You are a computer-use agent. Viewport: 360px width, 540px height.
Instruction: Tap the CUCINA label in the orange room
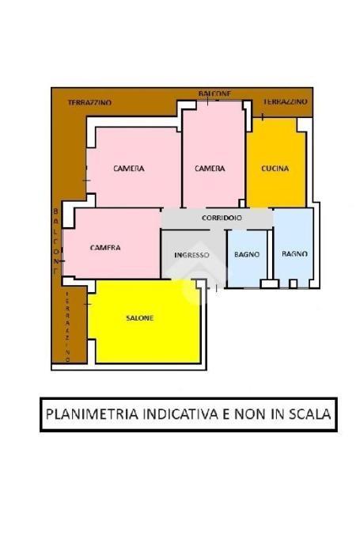coord(275,169)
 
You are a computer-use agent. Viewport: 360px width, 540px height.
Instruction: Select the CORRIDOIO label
coord(222,218)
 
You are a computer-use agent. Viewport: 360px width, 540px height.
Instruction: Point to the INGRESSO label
coord(191,255)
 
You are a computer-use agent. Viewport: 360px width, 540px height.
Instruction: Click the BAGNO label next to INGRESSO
coord(247,254)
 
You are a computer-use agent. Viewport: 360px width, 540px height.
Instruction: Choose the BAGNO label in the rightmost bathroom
coord(294,254)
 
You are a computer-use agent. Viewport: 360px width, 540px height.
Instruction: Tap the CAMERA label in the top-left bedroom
coord(129,169)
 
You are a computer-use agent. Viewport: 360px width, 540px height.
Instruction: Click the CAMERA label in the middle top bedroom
coord(210,169)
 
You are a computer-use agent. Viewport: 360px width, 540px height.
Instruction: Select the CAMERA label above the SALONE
coord(105,248)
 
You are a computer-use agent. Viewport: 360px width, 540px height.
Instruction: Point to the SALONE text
coord(140,318)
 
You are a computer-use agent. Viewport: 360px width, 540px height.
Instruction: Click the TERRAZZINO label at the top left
coord(89,103)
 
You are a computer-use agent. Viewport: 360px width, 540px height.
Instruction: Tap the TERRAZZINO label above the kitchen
coord(285,101)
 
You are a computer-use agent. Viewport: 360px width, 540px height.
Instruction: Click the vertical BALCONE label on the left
coord(55,241)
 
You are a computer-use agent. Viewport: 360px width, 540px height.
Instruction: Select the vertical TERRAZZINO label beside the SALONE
coord(67,327)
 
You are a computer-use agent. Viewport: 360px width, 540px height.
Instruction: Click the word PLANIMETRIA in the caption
coord(92,414)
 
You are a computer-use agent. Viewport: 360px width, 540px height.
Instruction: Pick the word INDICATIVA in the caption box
coord(180,414)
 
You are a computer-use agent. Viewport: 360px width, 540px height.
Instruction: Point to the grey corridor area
coord(218,219)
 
